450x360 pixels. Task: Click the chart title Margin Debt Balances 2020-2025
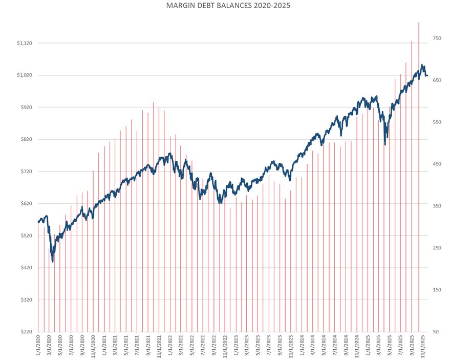tap(225, 6)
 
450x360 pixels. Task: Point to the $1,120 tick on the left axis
tap(24, 43)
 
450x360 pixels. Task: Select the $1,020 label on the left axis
tap(24, 75)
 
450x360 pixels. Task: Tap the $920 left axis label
tap(25, 108)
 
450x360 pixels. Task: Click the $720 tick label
tap(25, 172)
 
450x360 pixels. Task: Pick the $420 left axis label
tap(25, 268)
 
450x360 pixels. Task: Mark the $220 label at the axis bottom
tap(25, 332)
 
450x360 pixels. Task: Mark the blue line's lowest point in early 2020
tap(53, 262)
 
